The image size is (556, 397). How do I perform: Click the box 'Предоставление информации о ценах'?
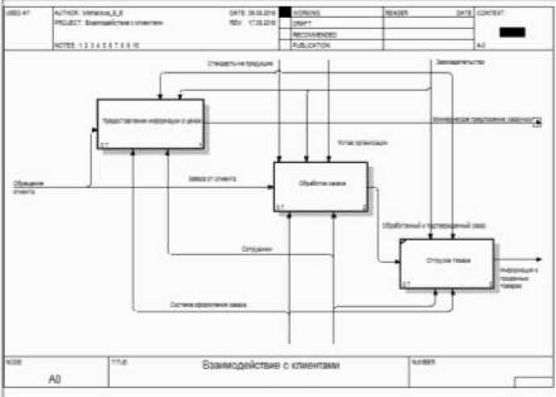click(150, 123)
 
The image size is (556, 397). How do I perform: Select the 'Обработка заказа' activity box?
click(320, 186)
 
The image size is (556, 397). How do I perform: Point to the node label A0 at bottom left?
click(54, 378)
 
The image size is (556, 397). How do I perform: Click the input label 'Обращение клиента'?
click(27, 186)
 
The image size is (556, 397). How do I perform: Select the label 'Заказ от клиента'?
click(213, 178)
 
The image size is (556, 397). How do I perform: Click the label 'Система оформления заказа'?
click(208, 305)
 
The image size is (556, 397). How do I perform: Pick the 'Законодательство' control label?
click(458, 62)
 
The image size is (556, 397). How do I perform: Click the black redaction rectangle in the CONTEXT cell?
click(512, 31)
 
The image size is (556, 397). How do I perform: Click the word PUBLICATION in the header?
click(311, 45)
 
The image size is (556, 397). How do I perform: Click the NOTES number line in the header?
click(96, 46)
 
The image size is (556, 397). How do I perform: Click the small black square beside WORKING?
click(284, 14)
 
